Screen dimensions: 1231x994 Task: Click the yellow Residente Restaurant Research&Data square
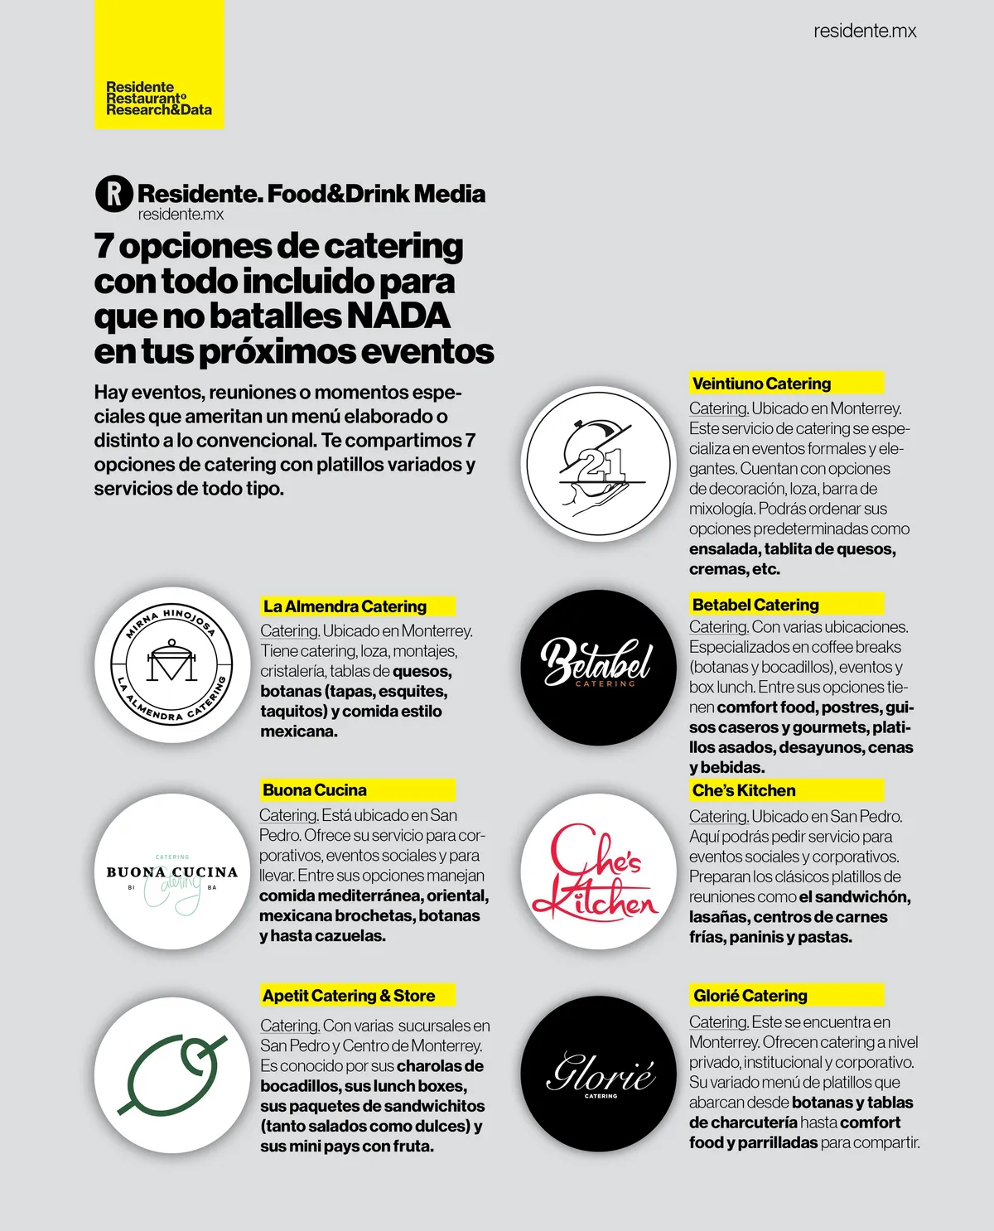159,65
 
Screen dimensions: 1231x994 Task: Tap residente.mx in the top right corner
865,31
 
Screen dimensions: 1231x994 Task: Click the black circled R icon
114,194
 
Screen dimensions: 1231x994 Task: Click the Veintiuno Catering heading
761,384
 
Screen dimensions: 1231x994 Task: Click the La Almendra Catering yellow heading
345,606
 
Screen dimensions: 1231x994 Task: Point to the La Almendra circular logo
171,664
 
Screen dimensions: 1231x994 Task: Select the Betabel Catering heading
755,605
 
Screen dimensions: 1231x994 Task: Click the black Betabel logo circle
598,667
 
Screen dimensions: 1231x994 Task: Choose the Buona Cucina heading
315,790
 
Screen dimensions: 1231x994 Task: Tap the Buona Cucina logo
171,871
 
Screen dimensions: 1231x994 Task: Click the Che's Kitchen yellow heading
744,790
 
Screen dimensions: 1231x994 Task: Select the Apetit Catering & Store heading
349,996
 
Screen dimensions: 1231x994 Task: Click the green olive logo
171,1074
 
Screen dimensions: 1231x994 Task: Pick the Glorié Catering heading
750,996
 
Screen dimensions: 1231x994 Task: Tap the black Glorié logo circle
598,1074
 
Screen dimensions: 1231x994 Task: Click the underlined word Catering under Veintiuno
718,408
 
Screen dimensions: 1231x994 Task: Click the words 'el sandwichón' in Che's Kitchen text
854,897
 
